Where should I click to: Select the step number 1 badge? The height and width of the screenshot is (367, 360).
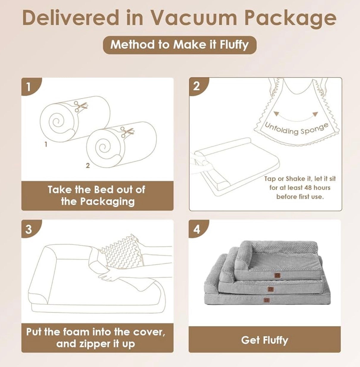coord(30,86)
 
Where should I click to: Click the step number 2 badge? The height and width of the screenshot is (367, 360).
coord(198,86)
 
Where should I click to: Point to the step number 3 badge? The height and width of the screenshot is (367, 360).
coord(30,229)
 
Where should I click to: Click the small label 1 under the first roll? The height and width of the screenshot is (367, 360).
coord(46,145)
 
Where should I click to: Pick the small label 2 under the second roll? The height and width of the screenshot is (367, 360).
coord(88,166)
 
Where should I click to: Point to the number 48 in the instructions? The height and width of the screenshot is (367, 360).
coord(308,188)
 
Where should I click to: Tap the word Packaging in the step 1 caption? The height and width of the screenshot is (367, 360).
coord(107,202)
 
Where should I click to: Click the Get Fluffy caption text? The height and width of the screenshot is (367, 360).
coord(264,340)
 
